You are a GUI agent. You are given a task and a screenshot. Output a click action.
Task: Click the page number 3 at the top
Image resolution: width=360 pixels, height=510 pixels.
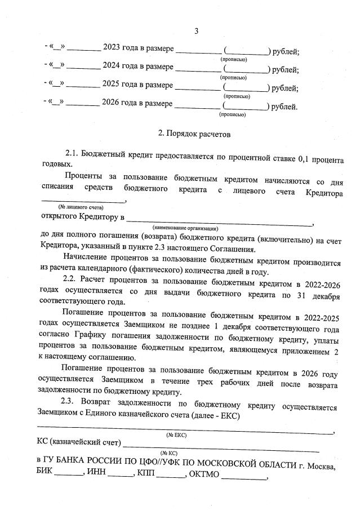point(196,30)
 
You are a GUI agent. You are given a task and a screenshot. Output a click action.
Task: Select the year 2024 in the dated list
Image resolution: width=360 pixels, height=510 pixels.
point(112,68)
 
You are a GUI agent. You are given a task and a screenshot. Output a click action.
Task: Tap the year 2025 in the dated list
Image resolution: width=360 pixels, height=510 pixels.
point(112,86)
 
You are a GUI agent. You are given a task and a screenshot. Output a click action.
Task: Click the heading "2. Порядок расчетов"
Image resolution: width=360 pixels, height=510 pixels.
point(194,134)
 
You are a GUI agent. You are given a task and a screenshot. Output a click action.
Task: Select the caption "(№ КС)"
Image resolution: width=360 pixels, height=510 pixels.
point(169,453)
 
